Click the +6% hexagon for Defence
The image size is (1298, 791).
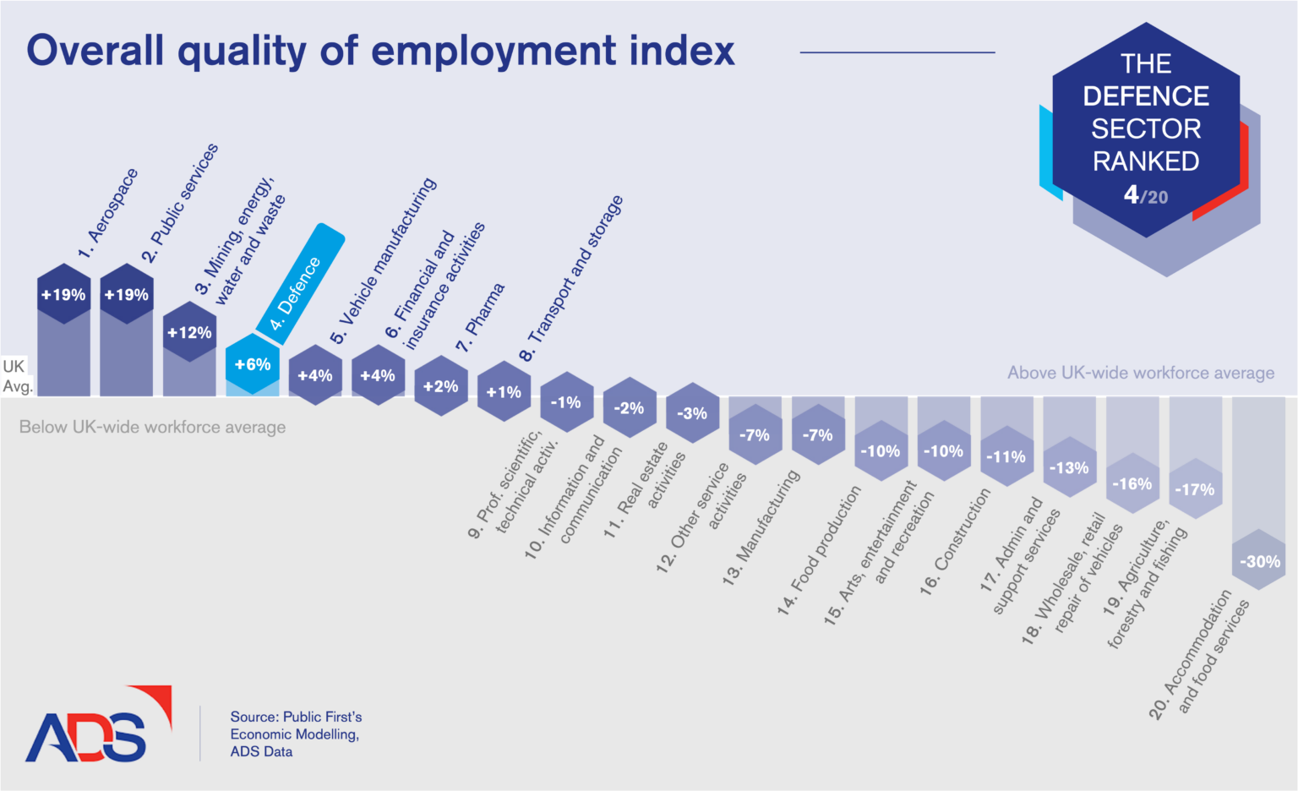(253, 364)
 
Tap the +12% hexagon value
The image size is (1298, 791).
(189, 332)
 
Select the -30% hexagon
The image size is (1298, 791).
(1259, 561)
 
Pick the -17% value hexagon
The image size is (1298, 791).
(1195, 489)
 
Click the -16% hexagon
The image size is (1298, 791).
(1132, 483)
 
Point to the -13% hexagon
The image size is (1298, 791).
(1069, 467)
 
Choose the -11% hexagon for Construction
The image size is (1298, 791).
(1006, 456)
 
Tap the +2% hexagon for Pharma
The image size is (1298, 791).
(441, 386)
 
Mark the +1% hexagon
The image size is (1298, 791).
(504, 392)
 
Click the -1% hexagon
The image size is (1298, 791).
(566, 402)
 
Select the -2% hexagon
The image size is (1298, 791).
(629, 408)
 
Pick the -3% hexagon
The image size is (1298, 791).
(692, 413)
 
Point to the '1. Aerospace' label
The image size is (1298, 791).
(107, 215)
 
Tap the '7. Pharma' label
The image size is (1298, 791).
(480, 319)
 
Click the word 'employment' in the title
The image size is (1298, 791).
(494, 51)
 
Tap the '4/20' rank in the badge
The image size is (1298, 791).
(1145, 196)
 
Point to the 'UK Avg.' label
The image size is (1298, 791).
(17, 376)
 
